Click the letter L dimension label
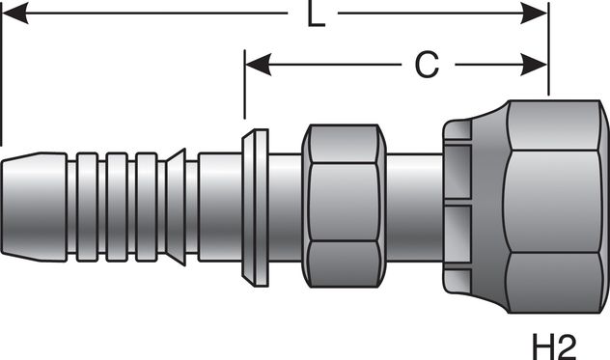click(315, 16)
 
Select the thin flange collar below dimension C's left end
click(254, 207)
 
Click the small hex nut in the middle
click(340, 207)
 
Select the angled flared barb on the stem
click(176, 206)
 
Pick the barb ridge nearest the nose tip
click(88, 206)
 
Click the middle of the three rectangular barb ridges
click(117, 206)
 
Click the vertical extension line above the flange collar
click(244, 92)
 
